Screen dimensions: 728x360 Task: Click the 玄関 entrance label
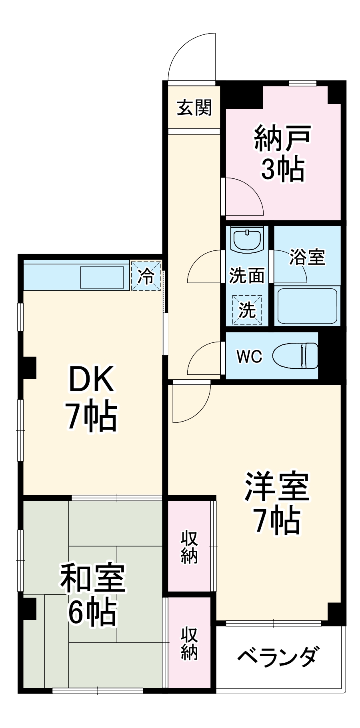click(x=194, y=107)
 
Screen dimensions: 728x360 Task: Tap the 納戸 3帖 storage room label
click(x=283, y=154)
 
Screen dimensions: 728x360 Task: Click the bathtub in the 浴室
click(x=307, y=306)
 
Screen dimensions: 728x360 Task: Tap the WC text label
click(x=249, y=356)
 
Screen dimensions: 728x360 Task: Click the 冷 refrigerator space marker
click(x=146, y=276)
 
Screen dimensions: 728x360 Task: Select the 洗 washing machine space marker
click(x=247, y=310)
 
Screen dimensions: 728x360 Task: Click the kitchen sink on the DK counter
click(x=102, y=277)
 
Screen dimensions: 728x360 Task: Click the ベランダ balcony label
click(x=278, y=656)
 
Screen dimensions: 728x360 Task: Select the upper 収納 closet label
click(x=189, y=547)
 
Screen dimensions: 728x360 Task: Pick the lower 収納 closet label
click(x=189, y=643)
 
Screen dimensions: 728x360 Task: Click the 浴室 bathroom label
click(x=307, y=257)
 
